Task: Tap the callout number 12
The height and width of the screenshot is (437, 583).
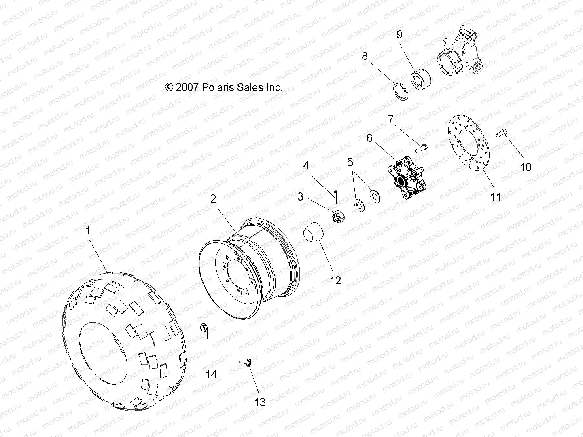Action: point(335,280)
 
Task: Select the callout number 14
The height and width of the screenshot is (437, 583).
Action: point(211,375)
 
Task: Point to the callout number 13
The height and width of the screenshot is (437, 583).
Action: point(260,402)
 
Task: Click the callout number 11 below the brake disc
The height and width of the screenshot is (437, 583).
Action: point(496,197)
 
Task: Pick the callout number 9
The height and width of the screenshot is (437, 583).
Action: point(399,34)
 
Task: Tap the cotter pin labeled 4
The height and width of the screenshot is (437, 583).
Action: point(336,194)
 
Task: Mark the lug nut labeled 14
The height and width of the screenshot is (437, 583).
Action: point(204,328)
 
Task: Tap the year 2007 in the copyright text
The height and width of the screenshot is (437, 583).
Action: point(187,87)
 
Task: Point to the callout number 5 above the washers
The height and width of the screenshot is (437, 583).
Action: point(350,163)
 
